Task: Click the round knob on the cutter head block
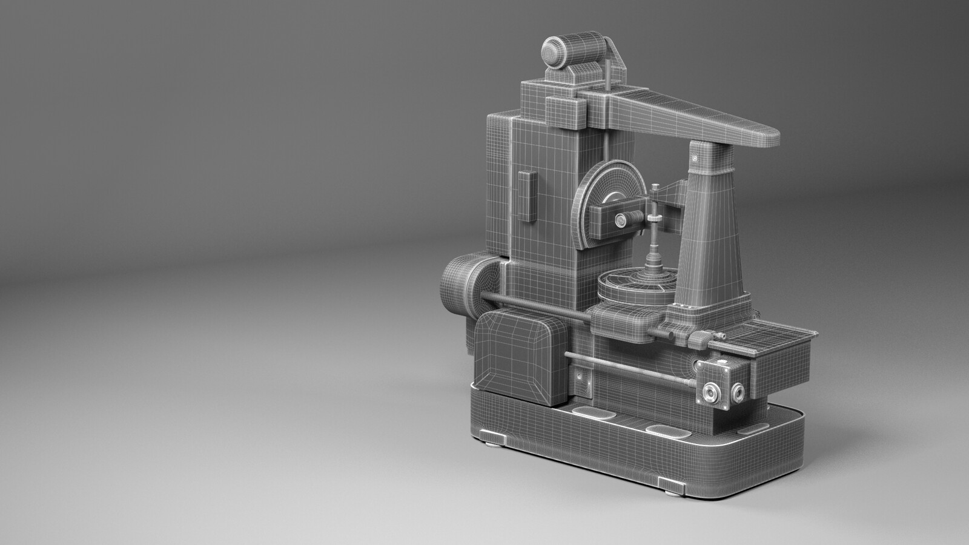(621, 222)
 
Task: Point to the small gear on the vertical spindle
(655, 219)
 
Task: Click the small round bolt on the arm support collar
(695, 159)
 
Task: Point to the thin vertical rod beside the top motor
(607, 73)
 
